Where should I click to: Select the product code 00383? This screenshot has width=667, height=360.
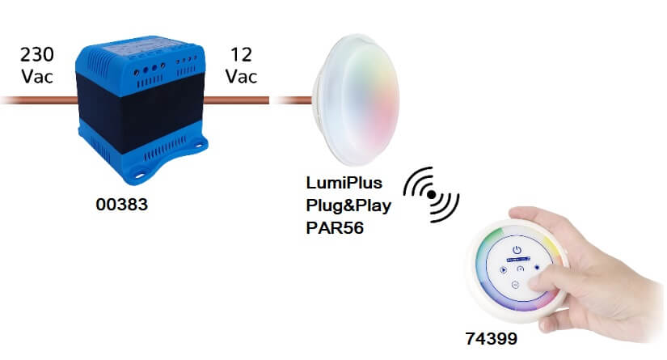tap(121, 205)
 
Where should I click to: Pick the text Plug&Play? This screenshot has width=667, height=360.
tap(348, 205)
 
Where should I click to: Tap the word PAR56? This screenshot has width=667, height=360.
tap(335, 228)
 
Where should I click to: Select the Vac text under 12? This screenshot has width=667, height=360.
tap(241, 78)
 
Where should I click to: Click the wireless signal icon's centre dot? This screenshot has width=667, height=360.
tap(433, 196)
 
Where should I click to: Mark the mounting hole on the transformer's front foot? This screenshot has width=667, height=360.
tap(146, 172)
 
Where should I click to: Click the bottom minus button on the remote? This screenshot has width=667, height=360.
tap(514, 286)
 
